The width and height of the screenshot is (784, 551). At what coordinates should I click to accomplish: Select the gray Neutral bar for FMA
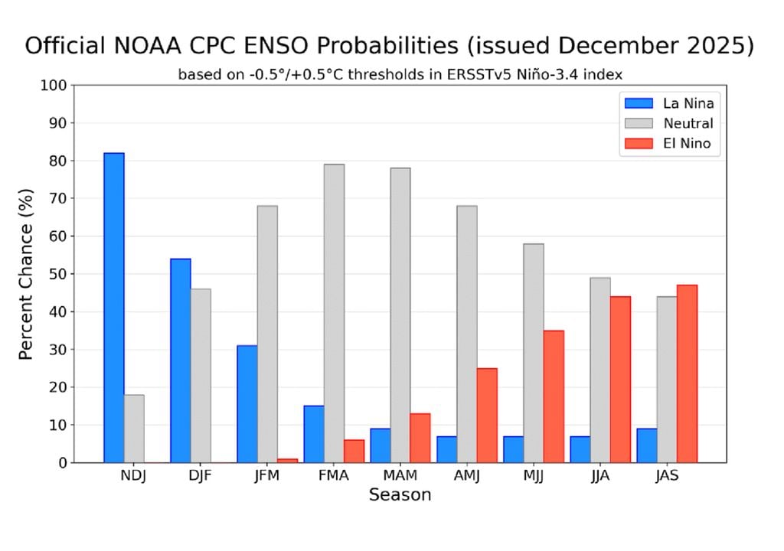tap(334, 313)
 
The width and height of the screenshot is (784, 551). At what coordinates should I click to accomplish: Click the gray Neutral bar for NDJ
tap(134, 429)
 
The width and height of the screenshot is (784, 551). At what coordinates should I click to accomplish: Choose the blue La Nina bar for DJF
tap(181, 360)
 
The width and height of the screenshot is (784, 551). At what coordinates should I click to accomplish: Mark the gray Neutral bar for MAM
tap(400, 315)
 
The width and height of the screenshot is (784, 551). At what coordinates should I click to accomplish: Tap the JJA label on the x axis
tap(601, 476)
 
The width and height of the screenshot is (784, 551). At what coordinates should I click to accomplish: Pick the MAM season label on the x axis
tap(400, 476)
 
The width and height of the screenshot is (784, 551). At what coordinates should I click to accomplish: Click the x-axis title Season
tap(400, 495)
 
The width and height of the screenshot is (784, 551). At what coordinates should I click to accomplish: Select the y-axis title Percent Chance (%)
tap(26, 274)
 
